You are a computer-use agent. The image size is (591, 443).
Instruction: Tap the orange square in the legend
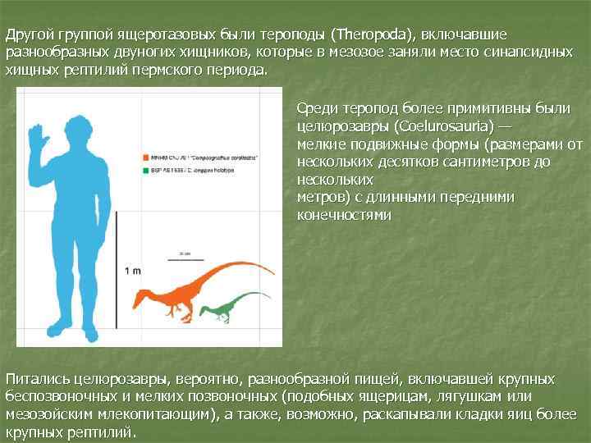[x=144, y=155]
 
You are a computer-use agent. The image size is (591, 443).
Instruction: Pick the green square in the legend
[x=144, y=172]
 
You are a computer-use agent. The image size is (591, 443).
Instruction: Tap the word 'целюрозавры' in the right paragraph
[x=341, y=127]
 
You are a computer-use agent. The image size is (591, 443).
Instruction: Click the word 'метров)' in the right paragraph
[x=320, y=197]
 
